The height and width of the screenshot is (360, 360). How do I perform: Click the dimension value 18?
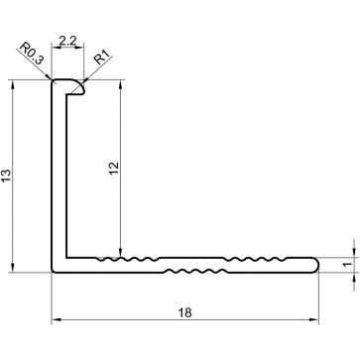(x=184, y=311)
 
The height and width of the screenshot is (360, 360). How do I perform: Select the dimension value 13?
(x=8, y=176)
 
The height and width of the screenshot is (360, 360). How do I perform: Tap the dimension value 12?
(x=112, y=170)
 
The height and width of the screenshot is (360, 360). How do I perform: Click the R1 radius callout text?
(x=102, y=58)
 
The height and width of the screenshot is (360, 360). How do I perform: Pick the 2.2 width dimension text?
(x=68, y=41)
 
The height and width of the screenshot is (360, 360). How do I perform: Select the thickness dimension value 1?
(x=346, y=264)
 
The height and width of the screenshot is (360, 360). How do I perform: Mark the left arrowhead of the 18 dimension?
(x=55, y=319)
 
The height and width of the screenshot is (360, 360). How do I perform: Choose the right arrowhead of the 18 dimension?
(x=315, y=319)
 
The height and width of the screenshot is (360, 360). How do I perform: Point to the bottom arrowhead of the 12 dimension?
(x=121, y=253)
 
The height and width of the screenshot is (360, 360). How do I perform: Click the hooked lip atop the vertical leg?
(x=71, y=88)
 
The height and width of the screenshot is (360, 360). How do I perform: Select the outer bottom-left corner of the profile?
(x=53, y=270)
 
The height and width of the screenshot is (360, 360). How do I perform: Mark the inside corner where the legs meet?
(x=66, y=256)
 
